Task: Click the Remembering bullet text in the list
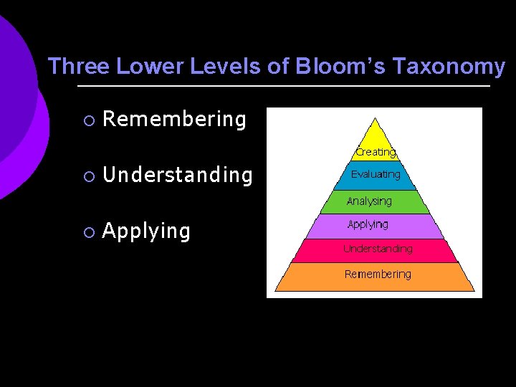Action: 174,119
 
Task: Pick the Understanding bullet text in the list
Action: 178,176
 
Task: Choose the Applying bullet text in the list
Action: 146,231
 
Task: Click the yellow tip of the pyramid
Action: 375,136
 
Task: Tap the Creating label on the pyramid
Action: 376,152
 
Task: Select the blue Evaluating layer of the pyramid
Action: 376,175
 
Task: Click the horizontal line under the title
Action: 283,87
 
